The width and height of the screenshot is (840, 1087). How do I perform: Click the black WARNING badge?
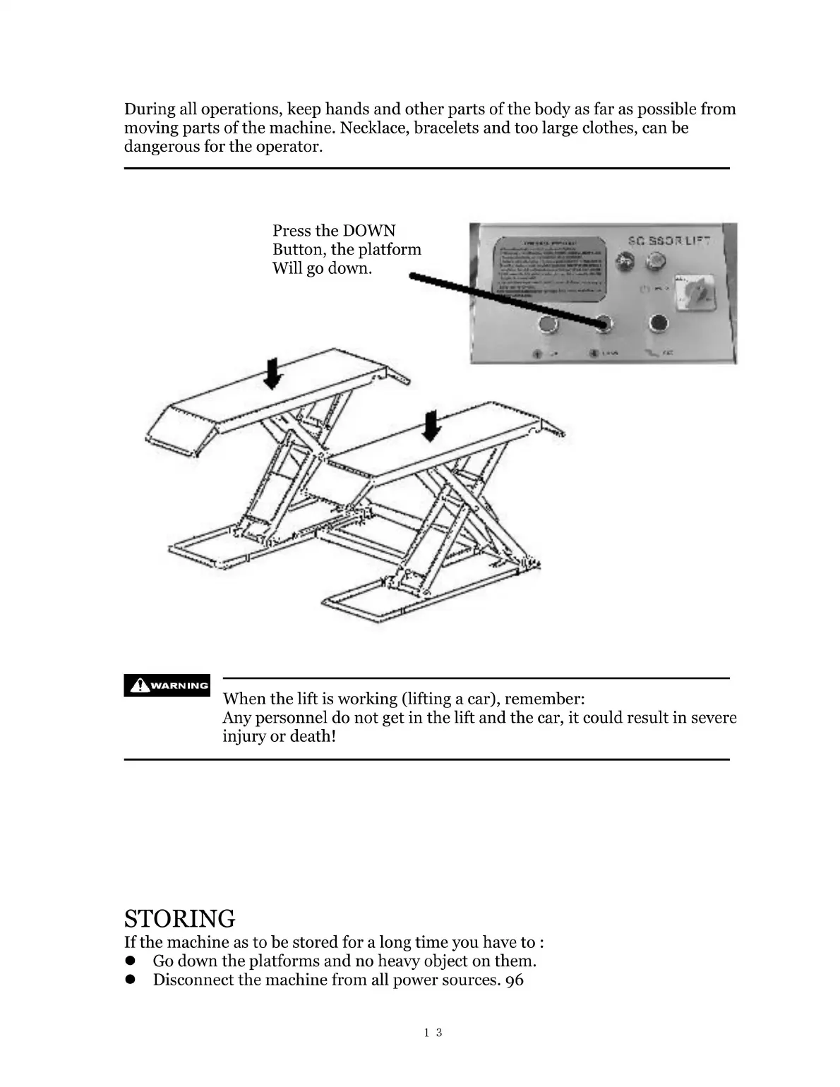coord(167,685)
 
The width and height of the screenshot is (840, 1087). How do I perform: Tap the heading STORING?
coord(179,918)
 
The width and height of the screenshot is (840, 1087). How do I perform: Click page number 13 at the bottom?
coord(433,1033)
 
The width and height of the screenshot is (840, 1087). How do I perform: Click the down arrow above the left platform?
coord(272,373)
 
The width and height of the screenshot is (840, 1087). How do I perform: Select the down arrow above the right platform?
coord(430,426)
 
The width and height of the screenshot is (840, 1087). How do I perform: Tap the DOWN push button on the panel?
coord(604,324)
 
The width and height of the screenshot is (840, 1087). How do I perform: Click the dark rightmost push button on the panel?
coord(658,323)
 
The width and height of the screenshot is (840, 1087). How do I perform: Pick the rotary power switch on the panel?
coord(688,289)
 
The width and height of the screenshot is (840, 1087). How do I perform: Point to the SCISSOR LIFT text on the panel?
coord(668,240)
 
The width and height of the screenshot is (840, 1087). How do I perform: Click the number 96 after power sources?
coord(515,980)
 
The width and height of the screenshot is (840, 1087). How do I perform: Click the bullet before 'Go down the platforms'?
coord(130,961)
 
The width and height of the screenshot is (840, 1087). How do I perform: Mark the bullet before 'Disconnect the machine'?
coord(130,980)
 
